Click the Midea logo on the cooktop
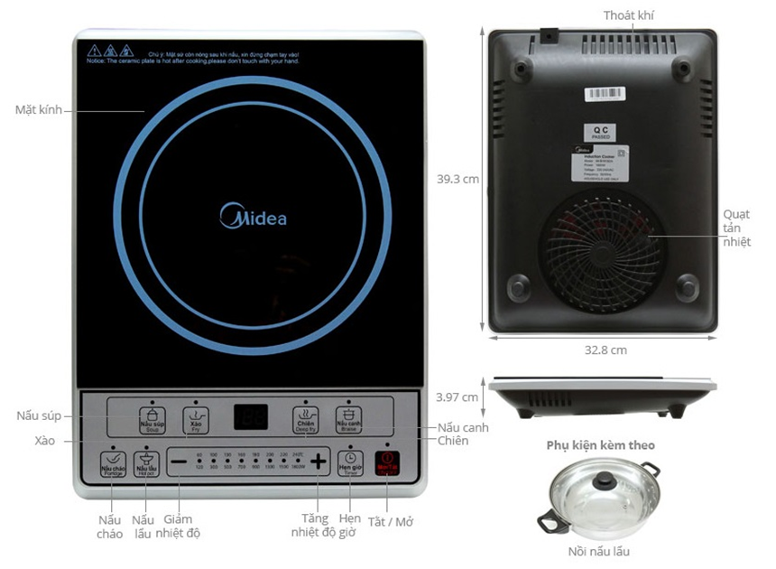pyautogui.click(x=254, y=218)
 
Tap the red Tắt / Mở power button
pyautogui.click(x=386, y=463)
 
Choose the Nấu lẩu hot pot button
pyautogui.click(x=145, y=464)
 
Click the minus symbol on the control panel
pyautogui.click(x=179, y=462)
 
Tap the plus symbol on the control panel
pyautogui.click(x=318, y=462)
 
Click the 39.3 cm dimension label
pyautogui.click(x=457, y=179)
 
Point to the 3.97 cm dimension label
pyautogui.click(x=457, y=396)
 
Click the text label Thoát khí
pyautogui.click(x=629, y=15)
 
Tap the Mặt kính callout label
pyautogui.click(x=38, y=110)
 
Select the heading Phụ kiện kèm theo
pyautogui.click(x=600, y=445)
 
